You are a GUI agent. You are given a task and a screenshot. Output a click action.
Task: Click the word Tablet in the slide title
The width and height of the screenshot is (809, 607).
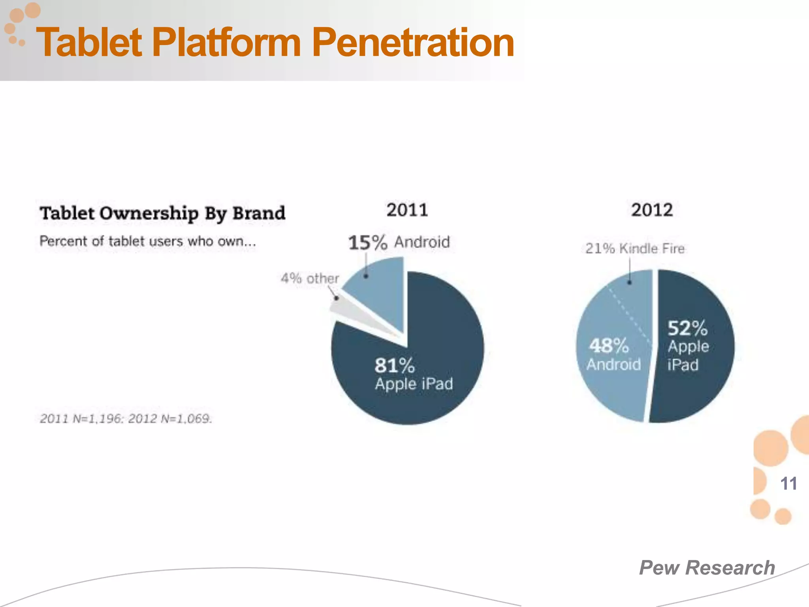pyautogui.click(x=89, y=42)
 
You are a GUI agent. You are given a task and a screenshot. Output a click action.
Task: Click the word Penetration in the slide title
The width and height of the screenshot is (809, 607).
pyautogui.click(x=413, y=42)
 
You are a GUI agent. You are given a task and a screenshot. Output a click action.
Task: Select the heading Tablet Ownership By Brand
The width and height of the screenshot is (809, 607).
pyautogui.click(x=162, y=213)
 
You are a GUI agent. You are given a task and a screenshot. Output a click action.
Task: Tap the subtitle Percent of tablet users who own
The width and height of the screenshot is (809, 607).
pyautogui.click(x=148, y=241)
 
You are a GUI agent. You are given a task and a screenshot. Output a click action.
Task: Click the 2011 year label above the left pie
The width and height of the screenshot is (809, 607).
pyautogui.click(x=407, y=210)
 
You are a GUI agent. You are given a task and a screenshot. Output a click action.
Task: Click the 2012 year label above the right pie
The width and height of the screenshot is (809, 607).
pyautogui.click(x=652, y=210)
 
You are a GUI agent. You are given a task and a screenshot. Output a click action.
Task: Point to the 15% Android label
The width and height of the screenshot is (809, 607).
pyautogui.click(x=399, y=242)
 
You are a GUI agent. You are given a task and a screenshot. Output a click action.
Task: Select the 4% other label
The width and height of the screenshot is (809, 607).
pyautogui.click(x=310, y=278)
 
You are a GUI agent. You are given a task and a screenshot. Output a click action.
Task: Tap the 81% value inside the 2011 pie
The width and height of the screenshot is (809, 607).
pyautogui.click(x=394, y=365)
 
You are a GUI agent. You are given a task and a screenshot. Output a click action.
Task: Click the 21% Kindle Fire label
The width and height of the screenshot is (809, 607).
pyautogui.click(x=635, y=249)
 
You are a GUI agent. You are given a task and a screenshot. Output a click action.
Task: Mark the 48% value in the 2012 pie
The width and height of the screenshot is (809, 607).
pyautogui.click(x=609, y=346)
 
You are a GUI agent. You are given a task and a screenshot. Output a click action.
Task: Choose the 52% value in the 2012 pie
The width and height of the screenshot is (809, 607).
pyautogui.click(x=687, y=328)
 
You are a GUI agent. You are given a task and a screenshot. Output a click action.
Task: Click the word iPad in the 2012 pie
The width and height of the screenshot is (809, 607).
pyautogui.click(x=683, y=365)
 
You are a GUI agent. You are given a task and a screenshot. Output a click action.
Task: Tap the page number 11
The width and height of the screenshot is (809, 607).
pyautogui.click(x=788, y=484)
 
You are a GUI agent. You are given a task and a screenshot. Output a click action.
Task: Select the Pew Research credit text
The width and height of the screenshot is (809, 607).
pyautogui.click(x=707, y=568)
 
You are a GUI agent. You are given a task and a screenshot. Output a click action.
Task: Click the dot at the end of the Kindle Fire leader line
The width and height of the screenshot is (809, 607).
pyautogui.click(x=630, y=283)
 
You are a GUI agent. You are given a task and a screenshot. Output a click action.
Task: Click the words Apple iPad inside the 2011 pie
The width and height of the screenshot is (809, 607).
pyautogui.click(x=414, y=384)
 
